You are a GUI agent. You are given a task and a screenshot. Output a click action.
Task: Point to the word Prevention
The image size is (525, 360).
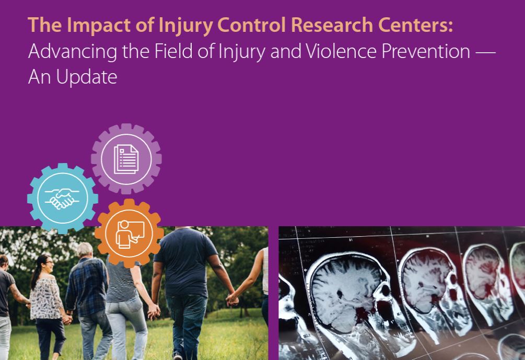coord(426,52)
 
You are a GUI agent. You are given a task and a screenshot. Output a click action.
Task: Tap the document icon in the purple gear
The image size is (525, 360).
coord(126,159)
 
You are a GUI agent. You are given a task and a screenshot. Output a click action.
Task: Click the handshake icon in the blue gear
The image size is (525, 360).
coord(62,199)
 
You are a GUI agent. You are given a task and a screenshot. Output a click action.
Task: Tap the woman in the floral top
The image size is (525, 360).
coord(48,305)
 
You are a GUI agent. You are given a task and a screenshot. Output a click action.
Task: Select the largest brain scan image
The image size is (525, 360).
coord(352,301)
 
